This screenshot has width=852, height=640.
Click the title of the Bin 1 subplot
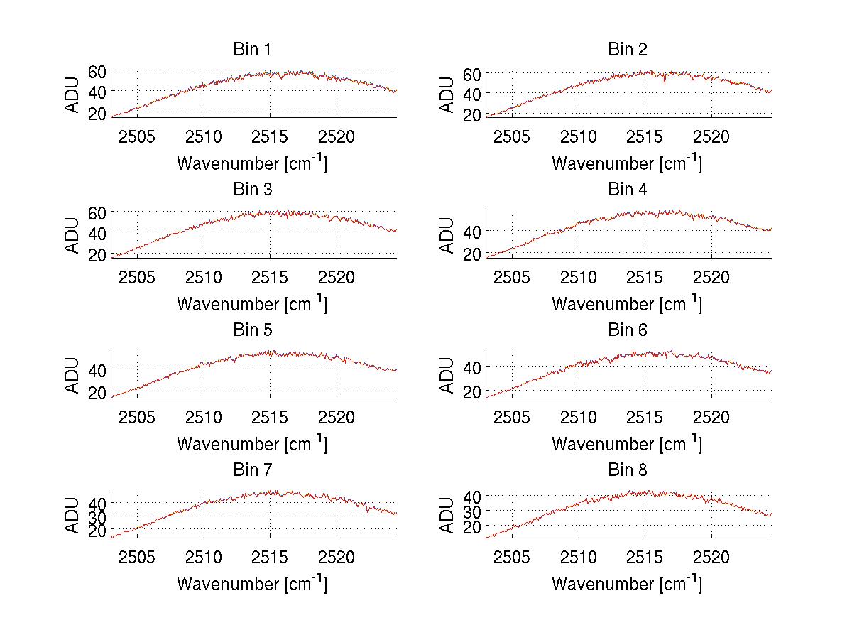[251, 50]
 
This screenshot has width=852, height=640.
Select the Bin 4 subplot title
[628, 190]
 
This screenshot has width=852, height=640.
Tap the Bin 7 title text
[251, 470]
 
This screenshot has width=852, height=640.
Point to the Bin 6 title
[628, 330]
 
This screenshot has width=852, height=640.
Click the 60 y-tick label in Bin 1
[97, 72]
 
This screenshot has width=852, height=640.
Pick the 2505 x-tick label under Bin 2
[512, 136]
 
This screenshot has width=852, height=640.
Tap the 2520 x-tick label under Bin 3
[337, 276]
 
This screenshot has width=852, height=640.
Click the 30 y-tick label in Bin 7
[97, 516]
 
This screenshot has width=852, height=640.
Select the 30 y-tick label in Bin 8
[472, 511]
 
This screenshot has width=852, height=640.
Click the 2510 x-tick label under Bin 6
[579, 416]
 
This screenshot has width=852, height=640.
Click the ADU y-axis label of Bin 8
[447, 514]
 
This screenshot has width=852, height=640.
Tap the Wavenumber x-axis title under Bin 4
[627, 304]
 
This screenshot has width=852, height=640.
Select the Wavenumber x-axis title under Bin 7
[252, 584]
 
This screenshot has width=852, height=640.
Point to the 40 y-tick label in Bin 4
[472, 232]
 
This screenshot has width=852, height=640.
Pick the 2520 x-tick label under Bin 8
[711, 556]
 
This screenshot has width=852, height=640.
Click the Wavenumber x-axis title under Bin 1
[252, 163]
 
